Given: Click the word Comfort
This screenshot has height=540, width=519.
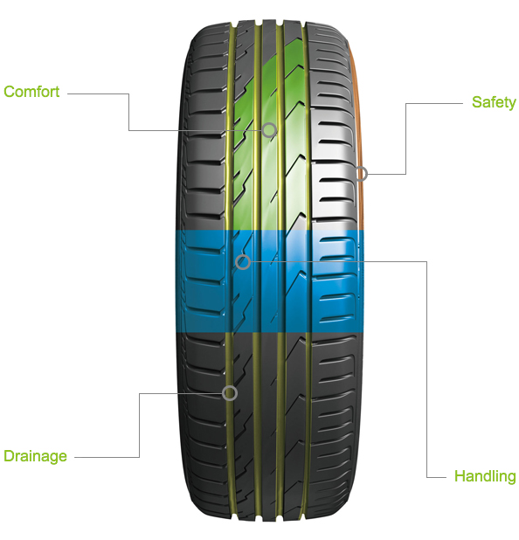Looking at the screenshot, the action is (31, 92).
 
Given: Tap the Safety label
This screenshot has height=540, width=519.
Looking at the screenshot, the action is (494, 102).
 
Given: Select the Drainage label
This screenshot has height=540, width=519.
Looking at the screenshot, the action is (35, 457).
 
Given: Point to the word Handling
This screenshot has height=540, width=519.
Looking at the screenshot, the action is (485, 477).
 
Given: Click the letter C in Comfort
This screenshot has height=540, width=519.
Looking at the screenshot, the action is (9, 92).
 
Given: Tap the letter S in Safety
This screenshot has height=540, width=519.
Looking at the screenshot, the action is (477, 101).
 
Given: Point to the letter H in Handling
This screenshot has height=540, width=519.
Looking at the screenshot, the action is (460, 475).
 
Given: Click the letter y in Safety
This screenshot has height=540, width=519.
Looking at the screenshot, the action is (512, 104).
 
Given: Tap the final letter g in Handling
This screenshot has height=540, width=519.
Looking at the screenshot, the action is (512, 479).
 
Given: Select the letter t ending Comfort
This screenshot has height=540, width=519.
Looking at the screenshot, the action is (57, 92).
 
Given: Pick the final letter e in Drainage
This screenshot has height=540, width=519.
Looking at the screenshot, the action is (63, 457).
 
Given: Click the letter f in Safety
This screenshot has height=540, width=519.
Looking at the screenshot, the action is (493, 101).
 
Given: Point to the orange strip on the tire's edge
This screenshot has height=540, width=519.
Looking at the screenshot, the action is (357, 135).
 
